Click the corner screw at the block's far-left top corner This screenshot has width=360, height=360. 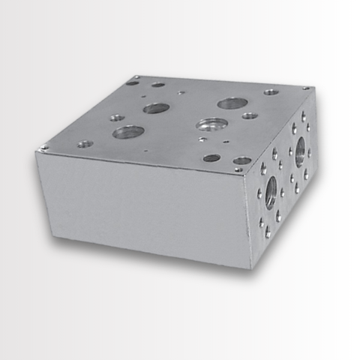[44, 148]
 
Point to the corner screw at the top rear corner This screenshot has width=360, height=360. [136, 77]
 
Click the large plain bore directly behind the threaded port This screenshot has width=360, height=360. [232, 103]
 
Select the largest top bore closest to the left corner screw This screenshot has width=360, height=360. [128, 133]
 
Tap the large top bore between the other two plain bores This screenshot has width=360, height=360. [156, 108]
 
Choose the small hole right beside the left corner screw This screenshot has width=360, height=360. [85, 143]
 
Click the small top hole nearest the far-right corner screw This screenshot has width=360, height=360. [271, 92]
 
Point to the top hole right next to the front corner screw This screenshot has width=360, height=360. [241, 160]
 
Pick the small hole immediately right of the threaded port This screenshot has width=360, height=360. [250, 116]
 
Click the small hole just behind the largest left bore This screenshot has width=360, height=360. [117, 118]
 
